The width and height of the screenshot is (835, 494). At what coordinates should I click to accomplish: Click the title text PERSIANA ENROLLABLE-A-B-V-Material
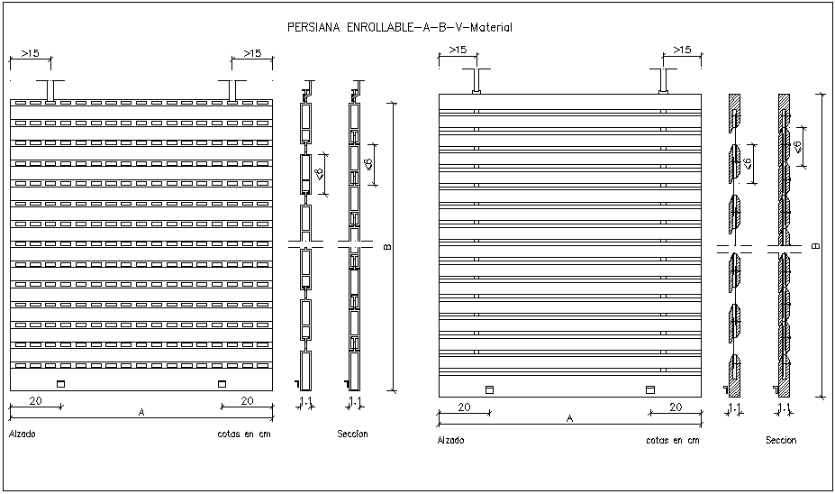point(399,28)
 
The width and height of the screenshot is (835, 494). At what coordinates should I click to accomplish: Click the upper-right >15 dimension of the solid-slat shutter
point(682,50)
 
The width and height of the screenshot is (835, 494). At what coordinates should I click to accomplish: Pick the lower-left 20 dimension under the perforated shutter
point(36,400)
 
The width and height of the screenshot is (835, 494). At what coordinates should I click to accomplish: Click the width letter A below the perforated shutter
point(141,412)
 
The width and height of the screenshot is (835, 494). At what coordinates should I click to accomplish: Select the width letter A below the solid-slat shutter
point(569,418)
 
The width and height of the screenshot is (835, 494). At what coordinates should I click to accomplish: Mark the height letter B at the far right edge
point(816,245)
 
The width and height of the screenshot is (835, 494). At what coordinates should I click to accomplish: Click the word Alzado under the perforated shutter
point(23,435)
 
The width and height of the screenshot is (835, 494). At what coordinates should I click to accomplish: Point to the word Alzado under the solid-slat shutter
point(450,441)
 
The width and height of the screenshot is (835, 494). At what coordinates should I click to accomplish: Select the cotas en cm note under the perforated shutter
point(243,435)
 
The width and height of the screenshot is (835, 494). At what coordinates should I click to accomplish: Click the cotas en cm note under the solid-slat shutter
point(672,441)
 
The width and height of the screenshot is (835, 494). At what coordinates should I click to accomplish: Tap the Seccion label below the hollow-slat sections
point(352,435)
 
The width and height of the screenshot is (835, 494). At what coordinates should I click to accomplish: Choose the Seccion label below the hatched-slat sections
point(780,441)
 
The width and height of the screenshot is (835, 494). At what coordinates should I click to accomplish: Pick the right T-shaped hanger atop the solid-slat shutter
point(664,81)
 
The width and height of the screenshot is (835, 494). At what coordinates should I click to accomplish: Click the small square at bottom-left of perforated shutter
point(61,384)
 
